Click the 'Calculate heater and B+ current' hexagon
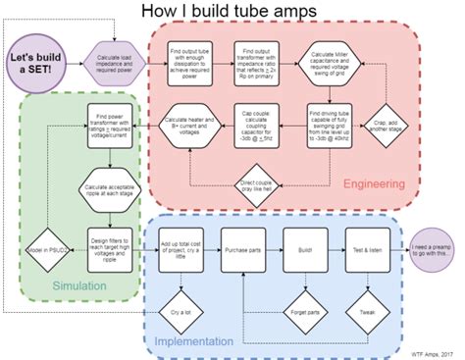186,126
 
